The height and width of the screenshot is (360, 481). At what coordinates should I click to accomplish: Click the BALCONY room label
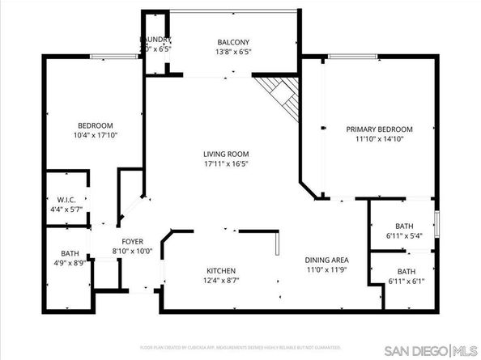point(232,42)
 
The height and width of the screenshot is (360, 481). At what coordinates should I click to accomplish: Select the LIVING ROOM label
point(226,154)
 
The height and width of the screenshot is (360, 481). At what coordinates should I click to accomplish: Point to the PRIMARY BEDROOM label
point(379,129)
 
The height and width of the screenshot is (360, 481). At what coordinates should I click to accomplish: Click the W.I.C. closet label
point(66,199)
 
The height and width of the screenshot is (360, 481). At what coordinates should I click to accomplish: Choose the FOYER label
point(132,241)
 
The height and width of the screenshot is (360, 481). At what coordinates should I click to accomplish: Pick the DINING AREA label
point(326,260)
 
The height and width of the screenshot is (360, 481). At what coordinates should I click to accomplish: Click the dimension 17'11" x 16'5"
point(226,163)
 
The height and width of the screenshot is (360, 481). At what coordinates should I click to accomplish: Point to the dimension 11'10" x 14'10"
point(379,139)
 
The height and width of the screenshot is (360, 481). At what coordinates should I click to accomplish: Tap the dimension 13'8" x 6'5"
point(232,53)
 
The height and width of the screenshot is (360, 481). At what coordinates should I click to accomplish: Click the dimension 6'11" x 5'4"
point(404,236)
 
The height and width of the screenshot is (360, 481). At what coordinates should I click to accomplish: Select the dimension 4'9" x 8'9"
point(69,264)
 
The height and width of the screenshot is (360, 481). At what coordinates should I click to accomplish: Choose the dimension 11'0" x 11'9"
point(326,269)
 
